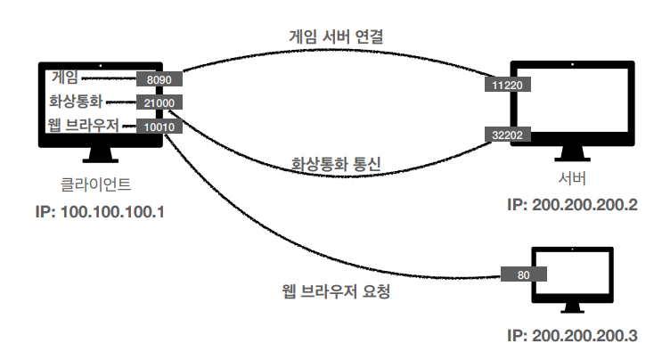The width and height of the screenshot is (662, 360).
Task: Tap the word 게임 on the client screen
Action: tap(65, 78)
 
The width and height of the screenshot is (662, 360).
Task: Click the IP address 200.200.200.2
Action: tap(571, 204)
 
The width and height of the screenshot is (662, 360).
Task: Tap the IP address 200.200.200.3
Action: tap(571, 336)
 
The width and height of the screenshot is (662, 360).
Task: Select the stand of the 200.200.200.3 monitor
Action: tap(571, 308)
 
